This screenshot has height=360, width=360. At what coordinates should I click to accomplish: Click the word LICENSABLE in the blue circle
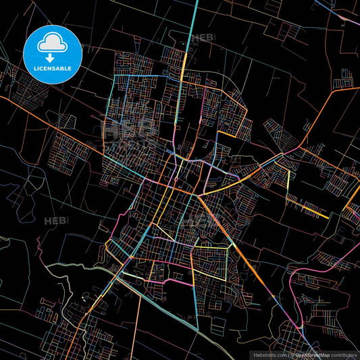tap(53, 69)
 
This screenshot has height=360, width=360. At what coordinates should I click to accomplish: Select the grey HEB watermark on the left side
tap(54, 221)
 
